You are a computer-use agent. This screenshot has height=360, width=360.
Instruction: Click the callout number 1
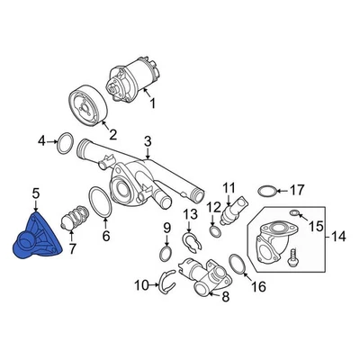click(151, 104)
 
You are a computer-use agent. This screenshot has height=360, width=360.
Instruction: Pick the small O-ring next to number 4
click(66, 141)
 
